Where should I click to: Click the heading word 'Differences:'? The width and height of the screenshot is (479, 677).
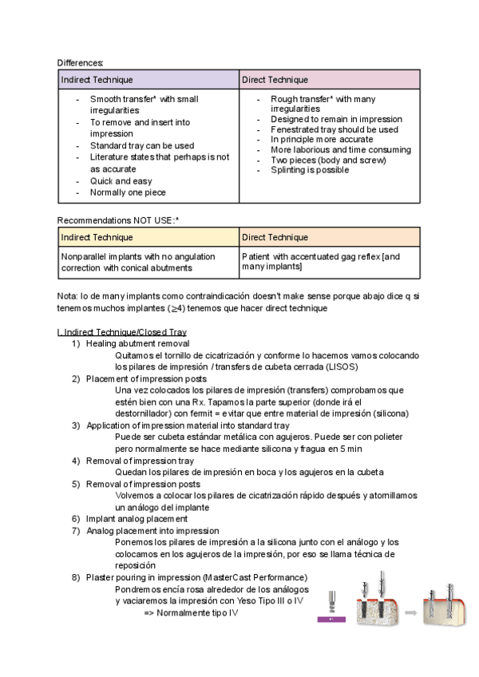[x=80, y=62]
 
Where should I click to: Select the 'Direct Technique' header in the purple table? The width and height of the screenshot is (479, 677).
[x=275, y=80]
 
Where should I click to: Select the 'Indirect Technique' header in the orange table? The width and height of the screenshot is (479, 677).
[x=97, y=237]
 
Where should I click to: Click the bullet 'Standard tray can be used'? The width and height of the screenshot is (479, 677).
[x=141, y=146]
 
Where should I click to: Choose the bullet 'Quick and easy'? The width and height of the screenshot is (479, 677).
[x=121, y=181]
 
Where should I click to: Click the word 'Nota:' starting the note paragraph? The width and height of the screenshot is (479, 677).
[x=68, y=296]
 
